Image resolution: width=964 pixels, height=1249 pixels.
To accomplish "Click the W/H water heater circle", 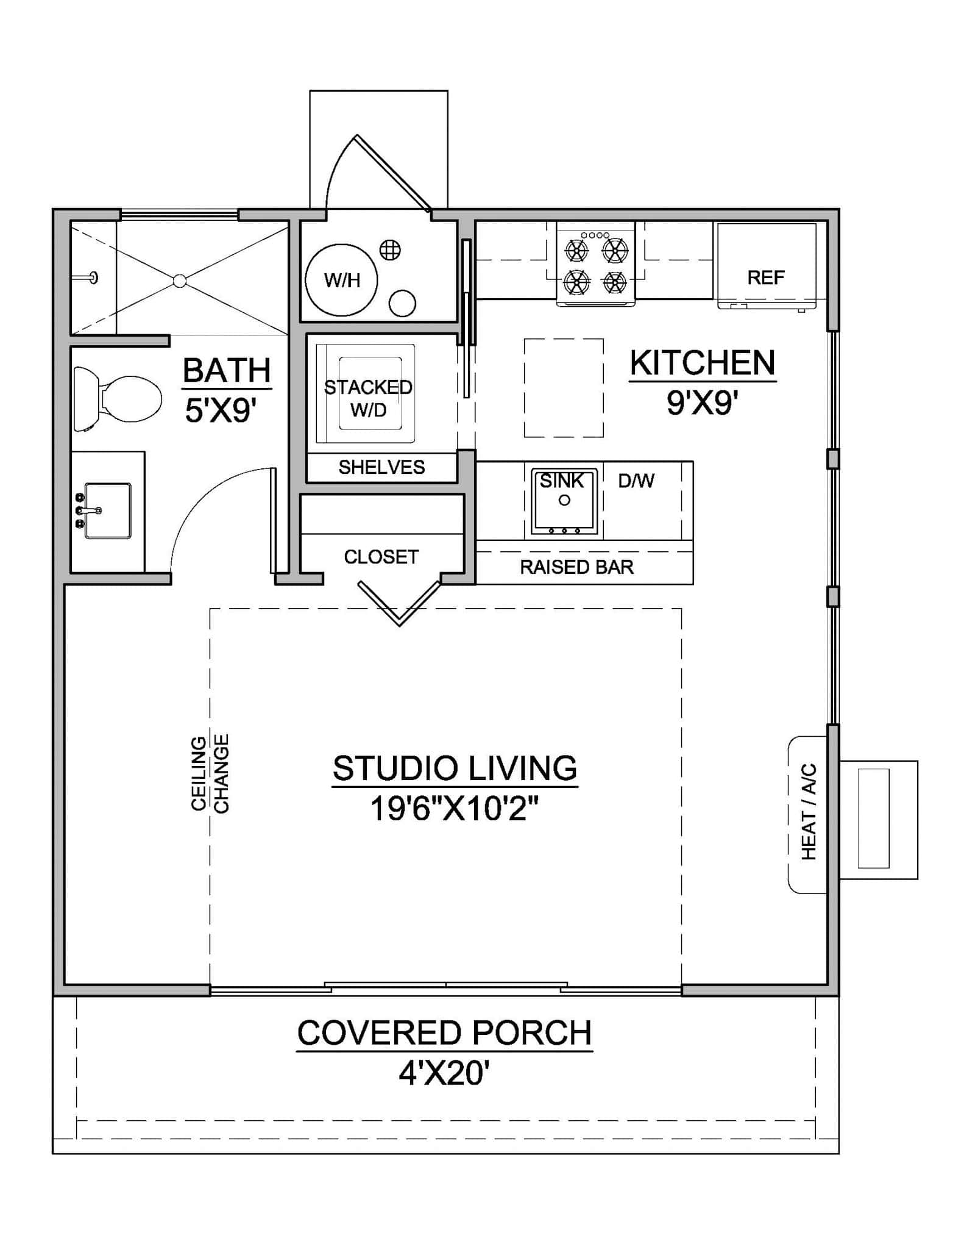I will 341,281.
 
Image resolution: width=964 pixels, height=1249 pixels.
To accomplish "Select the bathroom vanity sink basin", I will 108,510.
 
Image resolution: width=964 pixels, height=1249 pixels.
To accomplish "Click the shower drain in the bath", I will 179,281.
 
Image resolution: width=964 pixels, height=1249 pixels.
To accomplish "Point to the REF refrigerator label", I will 765,278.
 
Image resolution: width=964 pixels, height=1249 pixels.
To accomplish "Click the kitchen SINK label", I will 562,481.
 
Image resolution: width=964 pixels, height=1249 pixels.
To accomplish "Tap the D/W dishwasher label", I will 636,481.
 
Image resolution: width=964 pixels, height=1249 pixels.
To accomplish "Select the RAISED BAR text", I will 576,567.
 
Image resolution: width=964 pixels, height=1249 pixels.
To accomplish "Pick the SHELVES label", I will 381,467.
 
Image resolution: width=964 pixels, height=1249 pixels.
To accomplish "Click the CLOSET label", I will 381,557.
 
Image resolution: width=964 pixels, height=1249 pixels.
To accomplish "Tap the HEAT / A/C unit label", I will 808,811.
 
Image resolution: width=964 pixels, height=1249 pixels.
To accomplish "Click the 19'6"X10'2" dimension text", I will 455,810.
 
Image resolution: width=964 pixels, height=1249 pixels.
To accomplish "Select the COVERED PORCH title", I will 444,1033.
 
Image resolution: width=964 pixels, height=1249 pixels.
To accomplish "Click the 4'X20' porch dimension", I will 444,1074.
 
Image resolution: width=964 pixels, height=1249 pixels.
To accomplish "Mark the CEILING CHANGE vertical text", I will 210,773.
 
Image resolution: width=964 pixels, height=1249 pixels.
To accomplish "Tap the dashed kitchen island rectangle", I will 564,388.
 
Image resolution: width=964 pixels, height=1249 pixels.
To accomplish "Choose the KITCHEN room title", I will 702,363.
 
